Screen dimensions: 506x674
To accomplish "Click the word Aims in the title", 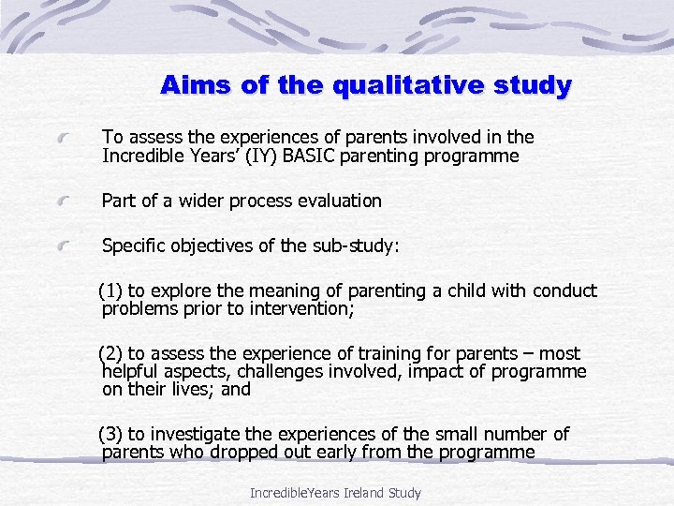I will click(x=191, y=85).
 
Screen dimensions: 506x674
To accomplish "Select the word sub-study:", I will click(x=354, y=246).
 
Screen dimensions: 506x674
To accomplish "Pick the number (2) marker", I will click(x=111, y=353).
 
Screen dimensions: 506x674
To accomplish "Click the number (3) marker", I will click(x=111, y=434).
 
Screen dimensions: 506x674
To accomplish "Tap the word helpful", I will click(x=132, y=371).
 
